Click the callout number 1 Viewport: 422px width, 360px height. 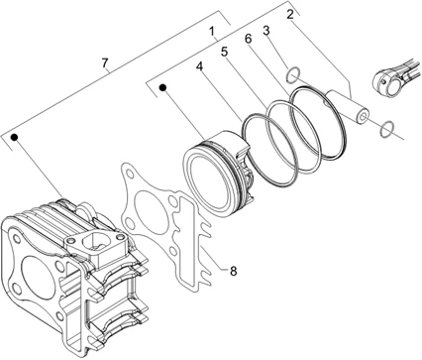212,32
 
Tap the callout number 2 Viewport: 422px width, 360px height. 289,15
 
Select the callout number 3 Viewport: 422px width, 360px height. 266,31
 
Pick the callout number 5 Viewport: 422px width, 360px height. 224,52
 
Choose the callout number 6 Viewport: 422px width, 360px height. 248,39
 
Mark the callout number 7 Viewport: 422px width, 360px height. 105,61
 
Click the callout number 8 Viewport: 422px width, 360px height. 234,271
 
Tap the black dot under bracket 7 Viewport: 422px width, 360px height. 15,137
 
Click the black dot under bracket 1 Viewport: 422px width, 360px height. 162,87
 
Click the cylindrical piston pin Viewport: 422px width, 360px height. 347,107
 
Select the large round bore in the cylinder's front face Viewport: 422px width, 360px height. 37,271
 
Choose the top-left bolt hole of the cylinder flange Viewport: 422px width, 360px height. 15,239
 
